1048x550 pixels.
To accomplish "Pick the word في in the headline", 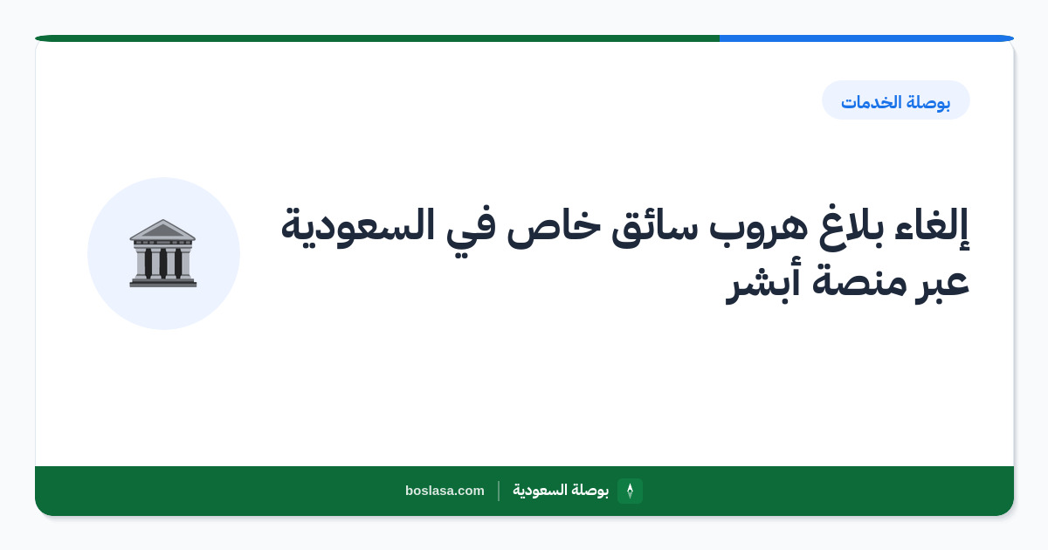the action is point(470,228).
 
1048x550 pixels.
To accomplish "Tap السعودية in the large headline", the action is point(357,227).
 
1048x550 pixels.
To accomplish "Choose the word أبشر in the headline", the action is point(762,282).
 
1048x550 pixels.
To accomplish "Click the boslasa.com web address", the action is point(445,491).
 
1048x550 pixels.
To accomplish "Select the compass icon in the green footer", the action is point(630,491).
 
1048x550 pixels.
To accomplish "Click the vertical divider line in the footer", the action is point(499,491).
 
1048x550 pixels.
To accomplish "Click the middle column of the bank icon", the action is point(162,263).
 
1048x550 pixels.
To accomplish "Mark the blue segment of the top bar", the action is point(866,38).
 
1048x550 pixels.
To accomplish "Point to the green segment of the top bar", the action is point(377,38).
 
